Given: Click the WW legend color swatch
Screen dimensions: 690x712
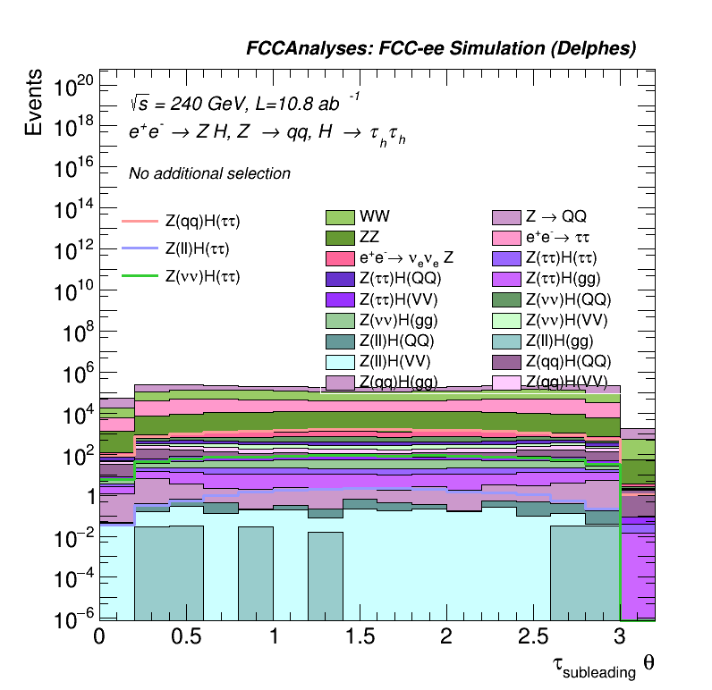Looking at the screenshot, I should coord(340,217).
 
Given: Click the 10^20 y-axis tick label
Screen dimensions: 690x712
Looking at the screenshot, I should coord(73,88).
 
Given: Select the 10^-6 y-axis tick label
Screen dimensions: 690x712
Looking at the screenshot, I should coord(73,618).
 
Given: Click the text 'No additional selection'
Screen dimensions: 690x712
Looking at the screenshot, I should coord(209,173).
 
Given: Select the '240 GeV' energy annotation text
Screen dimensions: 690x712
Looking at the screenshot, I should coord(198,104).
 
